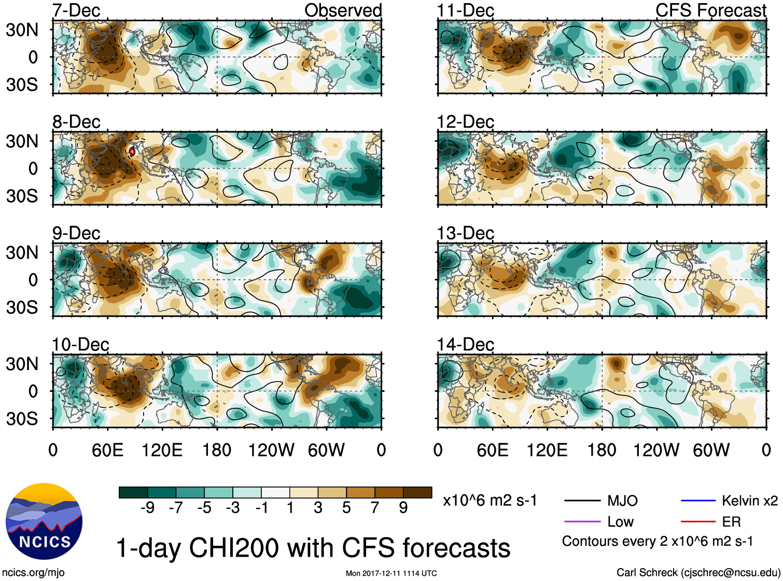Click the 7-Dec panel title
point(76,10)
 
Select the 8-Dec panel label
point(76,122)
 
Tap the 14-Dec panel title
point(465,344)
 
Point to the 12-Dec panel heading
point(465,122)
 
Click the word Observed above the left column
point(343,10)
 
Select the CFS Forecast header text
point(710,10)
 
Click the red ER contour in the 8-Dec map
point(132,151)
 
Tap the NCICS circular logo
point(44,521)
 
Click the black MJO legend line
point(582,501)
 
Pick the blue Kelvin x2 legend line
point(698,501)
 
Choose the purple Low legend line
point(582,522)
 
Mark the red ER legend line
point(698,522)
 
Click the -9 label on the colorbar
point(147,508)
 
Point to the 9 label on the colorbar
point(403,508)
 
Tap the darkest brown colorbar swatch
point(417,492)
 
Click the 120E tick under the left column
point(162,450)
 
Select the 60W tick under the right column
point(711,450)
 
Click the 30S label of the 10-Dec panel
point(22,418)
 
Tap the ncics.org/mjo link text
point(33,573)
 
